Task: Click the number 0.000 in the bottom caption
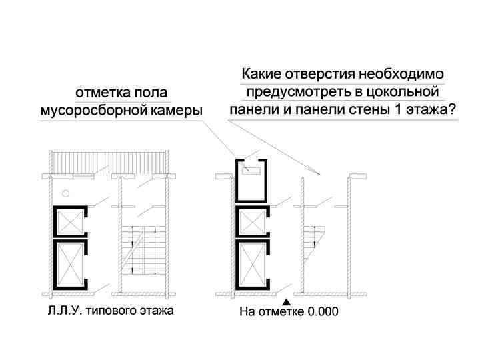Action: point(317,311)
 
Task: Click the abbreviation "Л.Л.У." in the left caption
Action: point(61,311)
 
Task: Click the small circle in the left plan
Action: point(65,194)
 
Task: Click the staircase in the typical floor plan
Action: point(141,249)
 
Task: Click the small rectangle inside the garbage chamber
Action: point(251,171)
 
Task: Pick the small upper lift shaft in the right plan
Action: point(251,223)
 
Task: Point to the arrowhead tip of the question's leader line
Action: point(321,175)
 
